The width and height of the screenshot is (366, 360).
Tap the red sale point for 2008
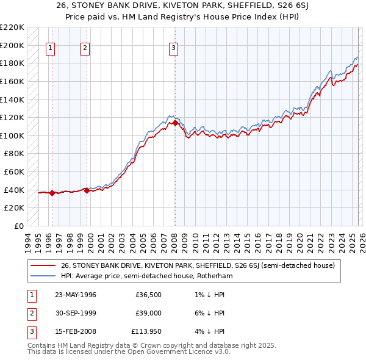pyautogui.click(x=175, y=123)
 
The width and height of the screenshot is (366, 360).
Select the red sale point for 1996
pyautogui.click(x=52, y=193)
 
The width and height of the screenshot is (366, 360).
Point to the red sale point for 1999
pyautogui.click(x=87, y=191)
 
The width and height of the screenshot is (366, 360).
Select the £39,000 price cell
pyautogui.click(x=149, y=313)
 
